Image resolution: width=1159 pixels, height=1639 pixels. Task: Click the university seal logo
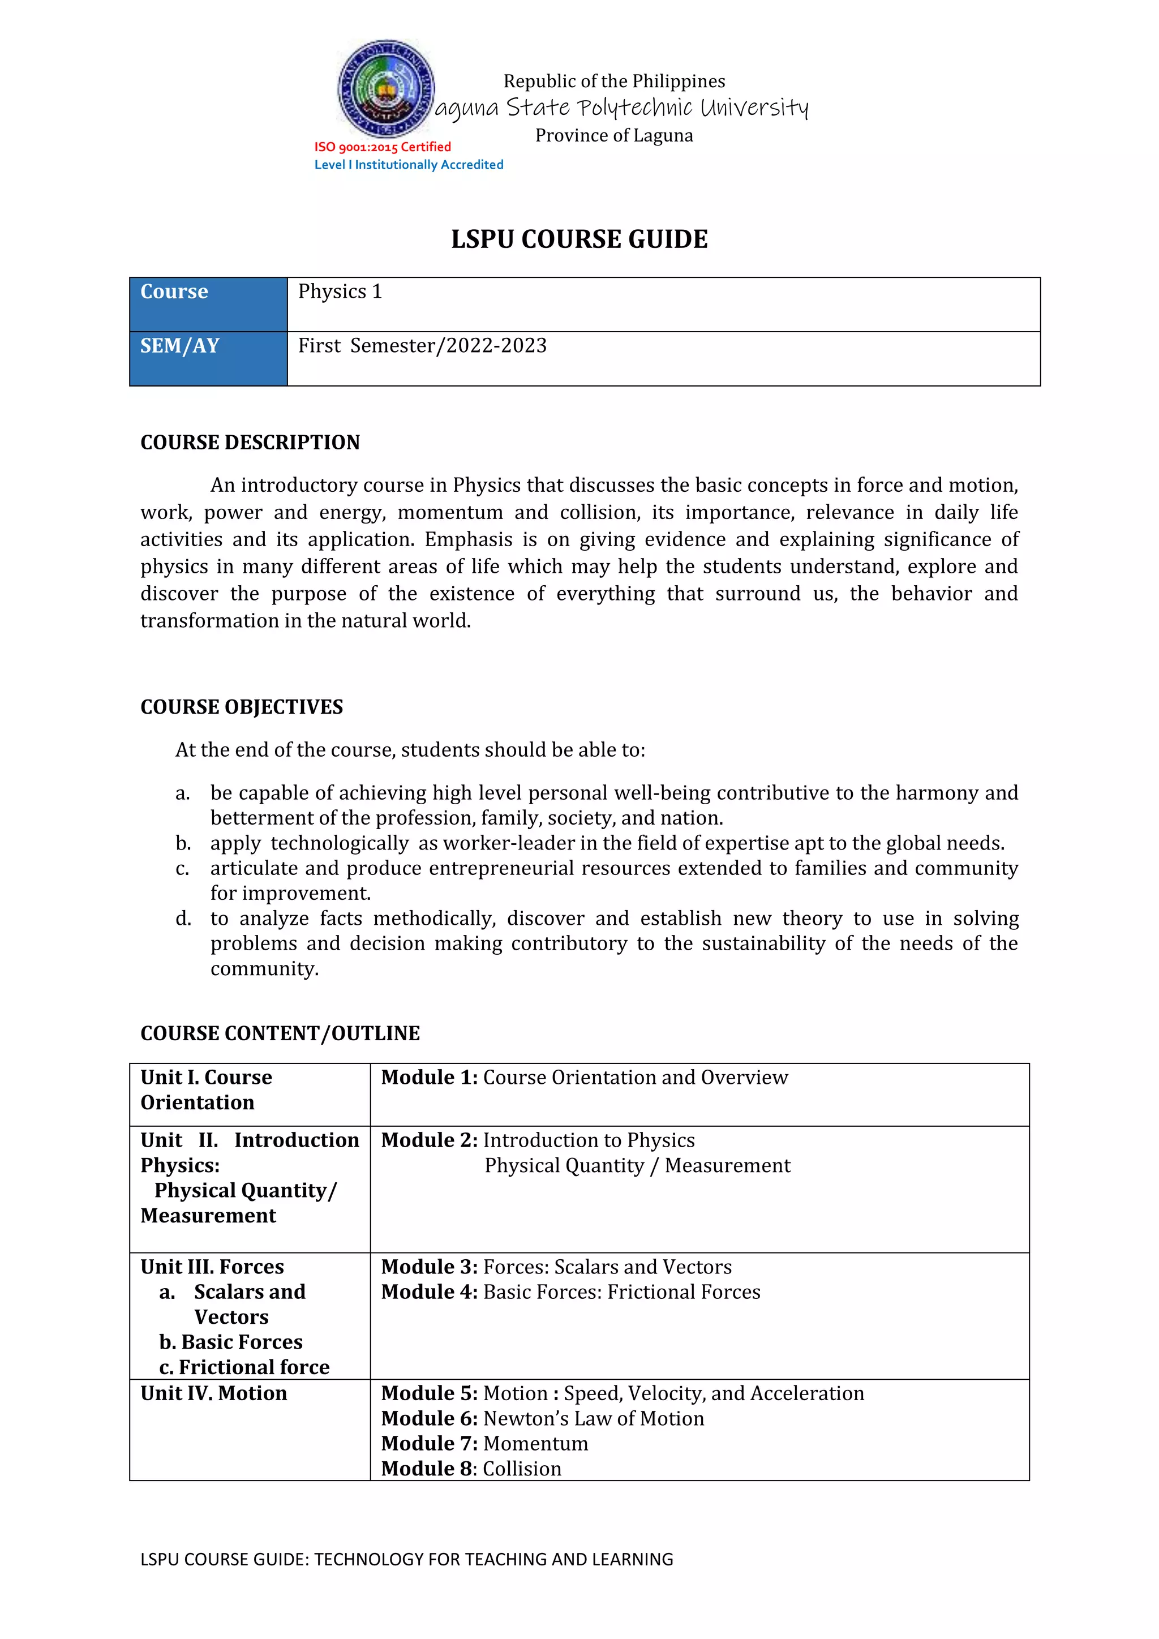386,88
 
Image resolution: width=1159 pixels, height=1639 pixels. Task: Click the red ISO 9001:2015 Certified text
383,147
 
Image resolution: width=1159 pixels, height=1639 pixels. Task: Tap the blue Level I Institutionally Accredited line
409,165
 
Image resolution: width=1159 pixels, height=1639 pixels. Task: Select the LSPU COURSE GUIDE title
579,239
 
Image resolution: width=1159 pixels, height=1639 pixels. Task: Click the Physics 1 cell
341,292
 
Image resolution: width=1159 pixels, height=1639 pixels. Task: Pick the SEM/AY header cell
180,346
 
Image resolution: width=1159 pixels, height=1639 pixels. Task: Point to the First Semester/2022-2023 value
423,346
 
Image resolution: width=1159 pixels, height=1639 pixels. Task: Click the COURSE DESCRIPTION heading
250,443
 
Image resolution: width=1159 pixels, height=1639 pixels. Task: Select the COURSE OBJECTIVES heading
241,707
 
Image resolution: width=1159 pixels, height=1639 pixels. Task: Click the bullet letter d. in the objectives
183,919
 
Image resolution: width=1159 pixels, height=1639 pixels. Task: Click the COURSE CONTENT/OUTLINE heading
280,1033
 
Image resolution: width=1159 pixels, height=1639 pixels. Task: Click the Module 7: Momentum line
484,1443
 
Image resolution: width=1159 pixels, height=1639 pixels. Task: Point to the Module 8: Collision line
471,1469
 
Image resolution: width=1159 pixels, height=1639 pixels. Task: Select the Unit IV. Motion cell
213,1393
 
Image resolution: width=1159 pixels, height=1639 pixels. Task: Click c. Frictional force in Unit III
244,1367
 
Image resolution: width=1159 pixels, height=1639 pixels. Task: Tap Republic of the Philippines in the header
614,81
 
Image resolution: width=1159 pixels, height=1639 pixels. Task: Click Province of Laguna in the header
614,136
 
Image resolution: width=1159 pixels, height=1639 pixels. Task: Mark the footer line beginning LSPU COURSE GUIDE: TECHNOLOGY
407,1559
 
